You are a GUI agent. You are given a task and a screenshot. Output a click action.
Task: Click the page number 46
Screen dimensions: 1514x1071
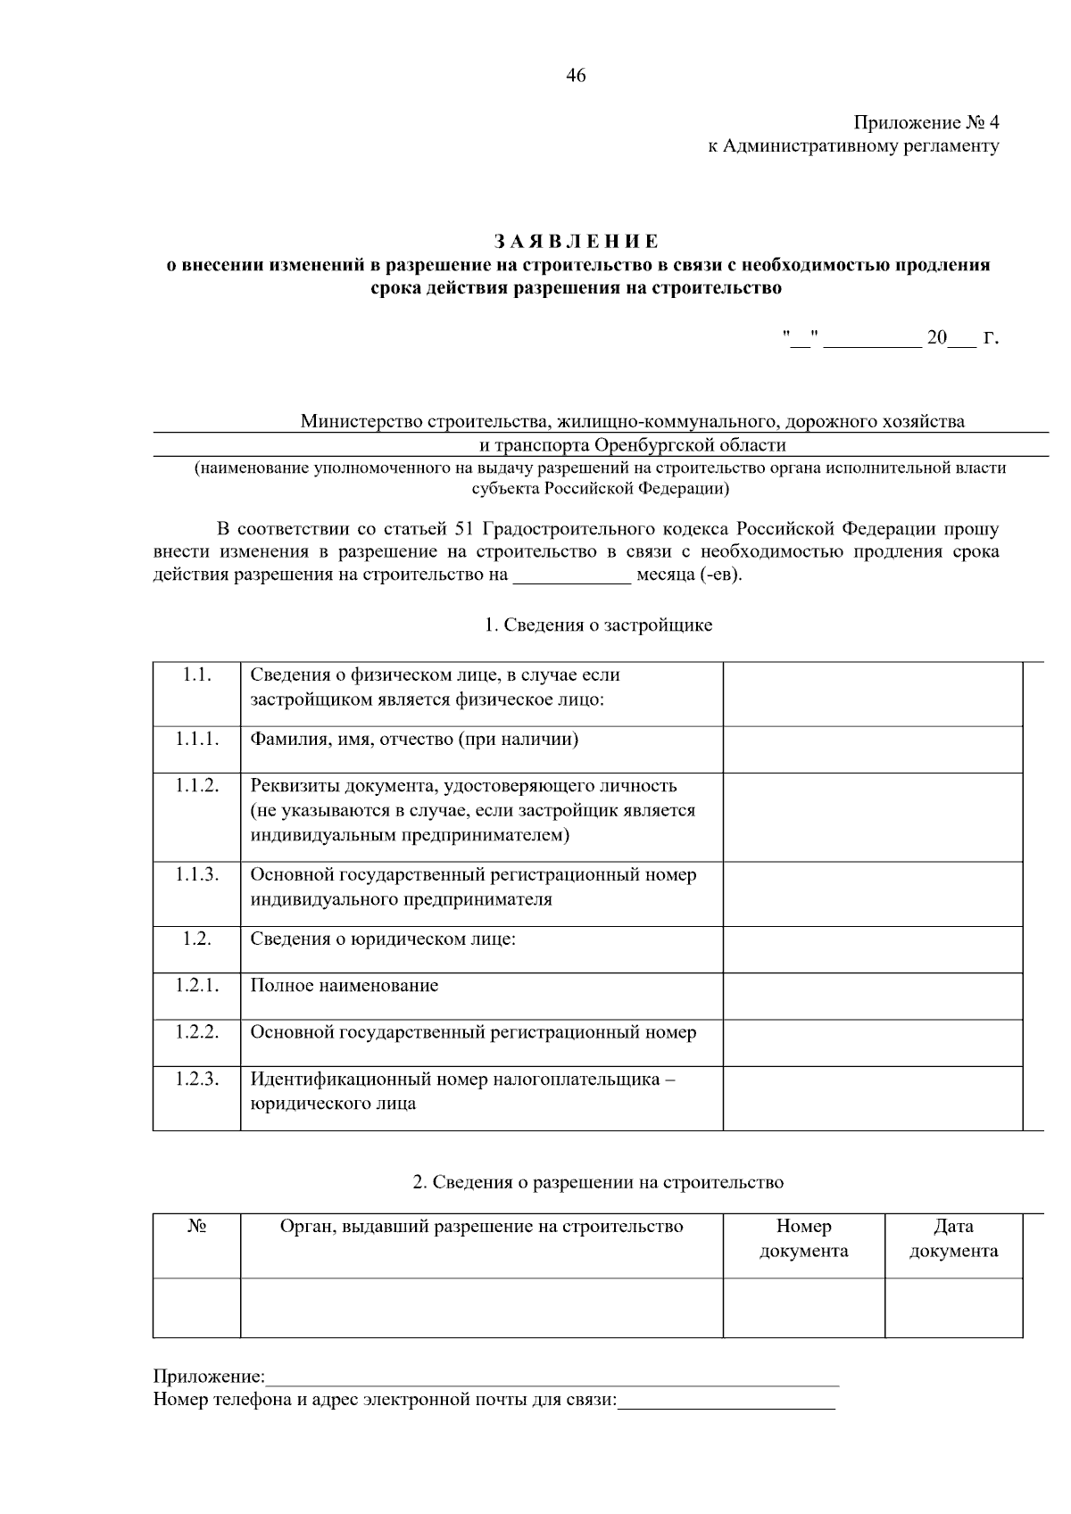(576, 76)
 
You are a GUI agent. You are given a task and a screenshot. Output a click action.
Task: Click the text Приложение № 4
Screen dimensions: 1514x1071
(926, 121)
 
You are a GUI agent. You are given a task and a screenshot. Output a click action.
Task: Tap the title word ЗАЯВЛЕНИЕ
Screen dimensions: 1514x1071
(577, 242)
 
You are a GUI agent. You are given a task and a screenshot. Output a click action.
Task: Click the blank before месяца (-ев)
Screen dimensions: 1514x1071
(571, 575)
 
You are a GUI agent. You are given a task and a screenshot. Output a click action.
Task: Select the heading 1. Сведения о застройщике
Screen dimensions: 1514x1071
(598, 625)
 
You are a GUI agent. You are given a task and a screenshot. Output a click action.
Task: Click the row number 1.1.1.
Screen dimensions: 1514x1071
(196, 740)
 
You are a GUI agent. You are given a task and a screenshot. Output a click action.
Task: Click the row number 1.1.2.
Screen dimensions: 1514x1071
(196, 786)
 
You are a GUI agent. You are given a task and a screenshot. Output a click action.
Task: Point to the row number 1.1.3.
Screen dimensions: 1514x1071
(196, 874)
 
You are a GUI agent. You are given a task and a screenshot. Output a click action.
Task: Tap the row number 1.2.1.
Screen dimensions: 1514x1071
(196, 986)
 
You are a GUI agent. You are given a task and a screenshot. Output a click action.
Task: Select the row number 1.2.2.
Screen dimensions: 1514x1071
(196, 1032)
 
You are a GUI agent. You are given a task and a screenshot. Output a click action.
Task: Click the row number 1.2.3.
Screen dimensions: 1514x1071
(196, 1079)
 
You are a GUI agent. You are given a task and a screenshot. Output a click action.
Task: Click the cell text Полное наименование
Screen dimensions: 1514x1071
(345, 986)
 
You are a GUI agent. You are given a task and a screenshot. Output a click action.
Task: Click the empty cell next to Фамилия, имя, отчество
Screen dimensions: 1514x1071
(872, 749)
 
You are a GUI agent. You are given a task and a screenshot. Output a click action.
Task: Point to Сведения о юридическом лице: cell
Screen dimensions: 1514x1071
(384, 939)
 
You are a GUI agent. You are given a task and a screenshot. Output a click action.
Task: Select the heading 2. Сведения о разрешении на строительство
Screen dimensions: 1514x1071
(598, 1183)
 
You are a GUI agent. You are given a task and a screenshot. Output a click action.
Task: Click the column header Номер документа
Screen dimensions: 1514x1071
(803, 1238)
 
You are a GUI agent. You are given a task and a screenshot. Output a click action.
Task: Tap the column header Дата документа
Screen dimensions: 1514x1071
(953, 1238)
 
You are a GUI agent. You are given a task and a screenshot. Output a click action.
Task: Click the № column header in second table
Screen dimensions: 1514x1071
(196, 1227)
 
